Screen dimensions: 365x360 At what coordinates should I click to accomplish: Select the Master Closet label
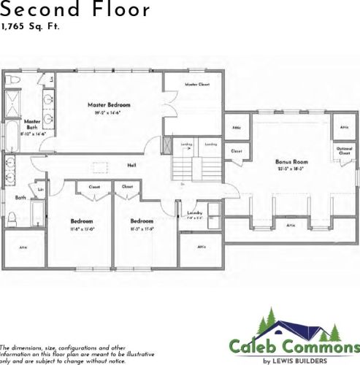click(197, 85)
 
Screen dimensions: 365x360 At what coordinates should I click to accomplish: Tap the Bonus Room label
click(291, 161)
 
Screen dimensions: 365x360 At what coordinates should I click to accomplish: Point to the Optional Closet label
click(344, 151)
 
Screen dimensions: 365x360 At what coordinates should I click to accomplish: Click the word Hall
click(131, 165)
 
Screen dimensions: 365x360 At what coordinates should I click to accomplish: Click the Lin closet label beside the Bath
click(41, 191)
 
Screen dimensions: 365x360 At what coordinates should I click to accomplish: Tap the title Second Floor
click(76, 10)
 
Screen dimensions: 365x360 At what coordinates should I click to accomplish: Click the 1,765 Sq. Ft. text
click(30, 27)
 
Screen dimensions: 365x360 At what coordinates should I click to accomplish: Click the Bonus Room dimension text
click(291, 168)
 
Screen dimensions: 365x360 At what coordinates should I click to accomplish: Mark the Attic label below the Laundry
click(202, 247)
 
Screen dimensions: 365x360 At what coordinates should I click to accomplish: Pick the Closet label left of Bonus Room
click(236, 151)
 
